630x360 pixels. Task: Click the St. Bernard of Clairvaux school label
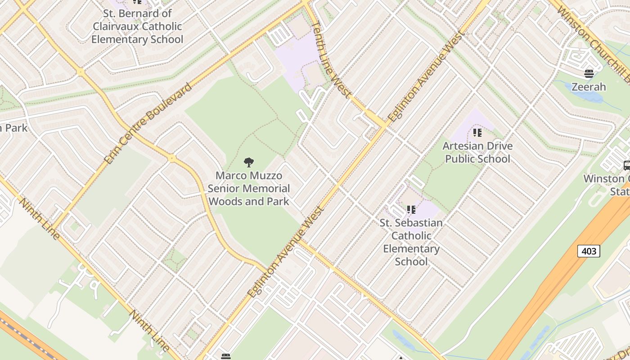click(137, 26)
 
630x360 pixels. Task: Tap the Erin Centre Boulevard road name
click(147, 123)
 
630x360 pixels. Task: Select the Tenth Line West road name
click(331, 59)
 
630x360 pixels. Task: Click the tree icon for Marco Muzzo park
click(248, 162)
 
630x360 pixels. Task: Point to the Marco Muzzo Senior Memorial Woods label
click(249, 189)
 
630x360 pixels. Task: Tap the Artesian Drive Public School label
click(477, 152)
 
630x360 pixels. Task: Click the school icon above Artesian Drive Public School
click(477, 133)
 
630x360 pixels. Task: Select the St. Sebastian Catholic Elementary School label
click(411, 242)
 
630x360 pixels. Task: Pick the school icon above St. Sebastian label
click(411, 210)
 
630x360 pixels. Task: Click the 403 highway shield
click(589, 251)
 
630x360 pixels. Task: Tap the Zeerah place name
click(589, 87)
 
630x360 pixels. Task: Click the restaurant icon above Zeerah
click(589, 73)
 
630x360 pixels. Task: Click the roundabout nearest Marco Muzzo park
click(171, 158)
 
